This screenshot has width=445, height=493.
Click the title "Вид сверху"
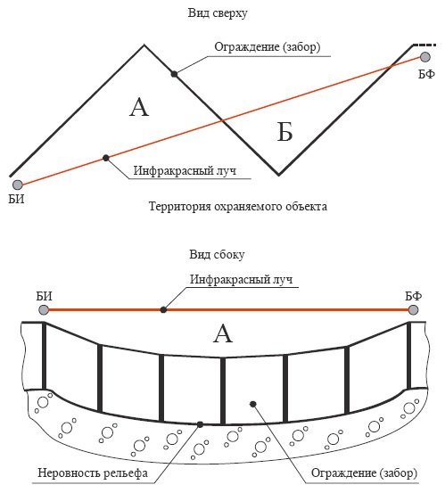click(218, 13)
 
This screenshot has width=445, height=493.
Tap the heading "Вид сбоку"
click(217, 254)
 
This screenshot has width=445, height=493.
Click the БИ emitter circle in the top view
click(18, 185)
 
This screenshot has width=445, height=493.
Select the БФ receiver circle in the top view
click(425, 57)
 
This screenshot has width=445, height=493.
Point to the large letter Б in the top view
click(285, 132)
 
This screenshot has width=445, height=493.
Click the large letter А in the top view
click(139, 107)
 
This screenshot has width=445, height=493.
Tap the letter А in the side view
click(223, 333)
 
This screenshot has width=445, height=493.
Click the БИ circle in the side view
click(44, 310)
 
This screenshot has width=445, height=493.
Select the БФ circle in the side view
click(413, 310)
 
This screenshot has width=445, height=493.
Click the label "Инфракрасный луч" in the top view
click(185, 171)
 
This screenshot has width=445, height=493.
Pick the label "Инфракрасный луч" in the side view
click(241, 279)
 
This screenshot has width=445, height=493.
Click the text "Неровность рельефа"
click(93, 473)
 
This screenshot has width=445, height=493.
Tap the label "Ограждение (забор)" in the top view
click(268, 47)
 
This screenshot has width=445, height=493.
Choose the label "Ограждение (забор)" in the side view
click(364, 472)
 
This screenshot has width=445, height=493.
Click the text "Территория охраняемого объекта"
click(238, 207)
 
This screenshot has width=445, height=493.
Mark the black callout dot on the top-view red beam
click(106, 158)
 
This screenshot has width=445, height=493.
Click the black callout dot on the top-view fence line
click(174, 74)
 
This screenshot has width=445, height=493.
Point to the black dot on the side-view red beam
click(163, 310)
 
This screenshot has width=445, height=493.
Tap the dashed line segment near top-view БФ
click(424, 45)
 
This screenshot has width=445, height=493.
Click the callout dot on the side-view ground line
click(200, 424)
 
